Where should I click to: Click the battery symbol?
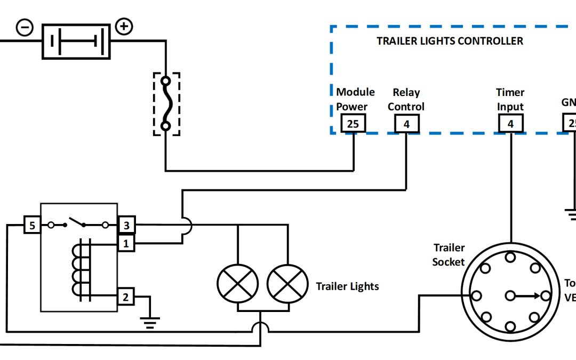click(x=76, y=41)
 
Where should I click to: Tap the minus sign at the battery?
click(x=25, y=27)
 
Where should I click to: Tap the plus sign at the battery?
click(x=124, y=27)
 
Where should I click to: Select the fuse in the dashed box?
click(x=166, y=104)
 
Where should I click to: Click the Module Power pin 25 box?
click(x=353, y=124)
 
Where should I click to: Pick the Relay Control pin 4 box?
click(x=406, y=124)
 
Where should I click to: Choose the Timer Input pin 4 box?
click(x=511, y=124)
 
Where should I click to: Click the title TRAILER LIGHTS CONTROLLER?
click(x=450, y=41)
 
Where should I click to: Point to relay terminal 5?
click(x=32, y=226)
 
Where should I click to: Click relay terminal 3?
click(x=126, y=226)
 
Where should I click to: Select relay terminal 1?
click(x=126, y=244)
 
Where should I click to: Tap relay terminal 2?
click(x=126, y=297)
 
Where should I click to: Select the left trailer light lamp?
click(x=237, y=283)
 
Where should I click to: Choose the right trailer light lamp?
click(x=287, y=283)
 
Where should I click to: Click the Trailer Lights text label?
click(x=347, y=286)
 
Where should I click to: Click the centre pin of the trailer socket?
click(x=510, y=295)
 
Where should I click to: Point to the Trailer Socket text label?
click(x=449, y=254)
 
